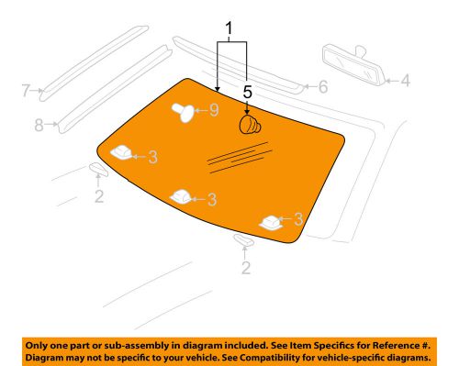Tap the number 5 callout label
(x=247, y=92)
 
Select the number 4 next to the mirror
(x=405, y=81)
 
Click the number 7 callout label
(x=28, y=90)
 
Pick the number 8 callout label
(x=39, y=125)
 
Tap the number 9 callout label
(x=213, y=111)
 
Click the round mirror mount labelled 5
(x=250, y=124)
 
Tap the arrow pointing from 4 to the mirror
(x=389, y=81)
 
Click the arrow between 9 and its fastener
(x=201, y=111)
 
